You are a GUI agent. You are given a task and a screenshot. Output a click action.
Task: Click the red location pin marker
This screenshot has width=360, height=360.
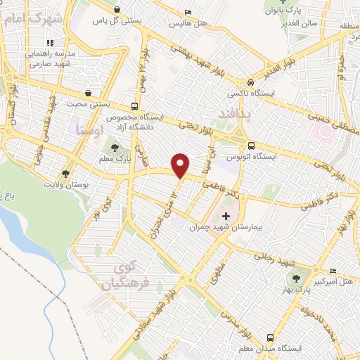pyautogui.click(x=181, y=165)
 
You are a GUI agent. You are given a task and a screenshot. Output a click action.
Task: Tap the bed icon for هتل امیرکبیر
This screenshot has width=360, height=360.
pyautogui.click(x=333, y=271)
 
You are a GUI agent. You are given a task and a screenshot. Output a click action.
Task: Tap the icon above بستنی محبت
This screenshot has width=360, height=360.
pyautogui.click(x=86, y=92)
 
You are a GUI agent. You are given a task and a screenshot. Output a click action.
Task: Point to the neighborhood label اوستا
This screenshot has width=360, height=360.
pyautogui.click(x=89, y=129)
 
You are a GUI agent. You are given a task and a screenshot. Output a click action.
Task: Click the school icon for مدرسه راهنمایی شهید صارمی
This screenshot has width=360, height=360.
pyautogui.click(x=70, y=43)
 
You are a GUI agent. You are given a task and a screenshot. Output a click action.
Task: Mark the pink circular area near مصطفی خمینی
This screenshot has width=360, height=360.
pyautogui.click(x=326, y=131)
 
